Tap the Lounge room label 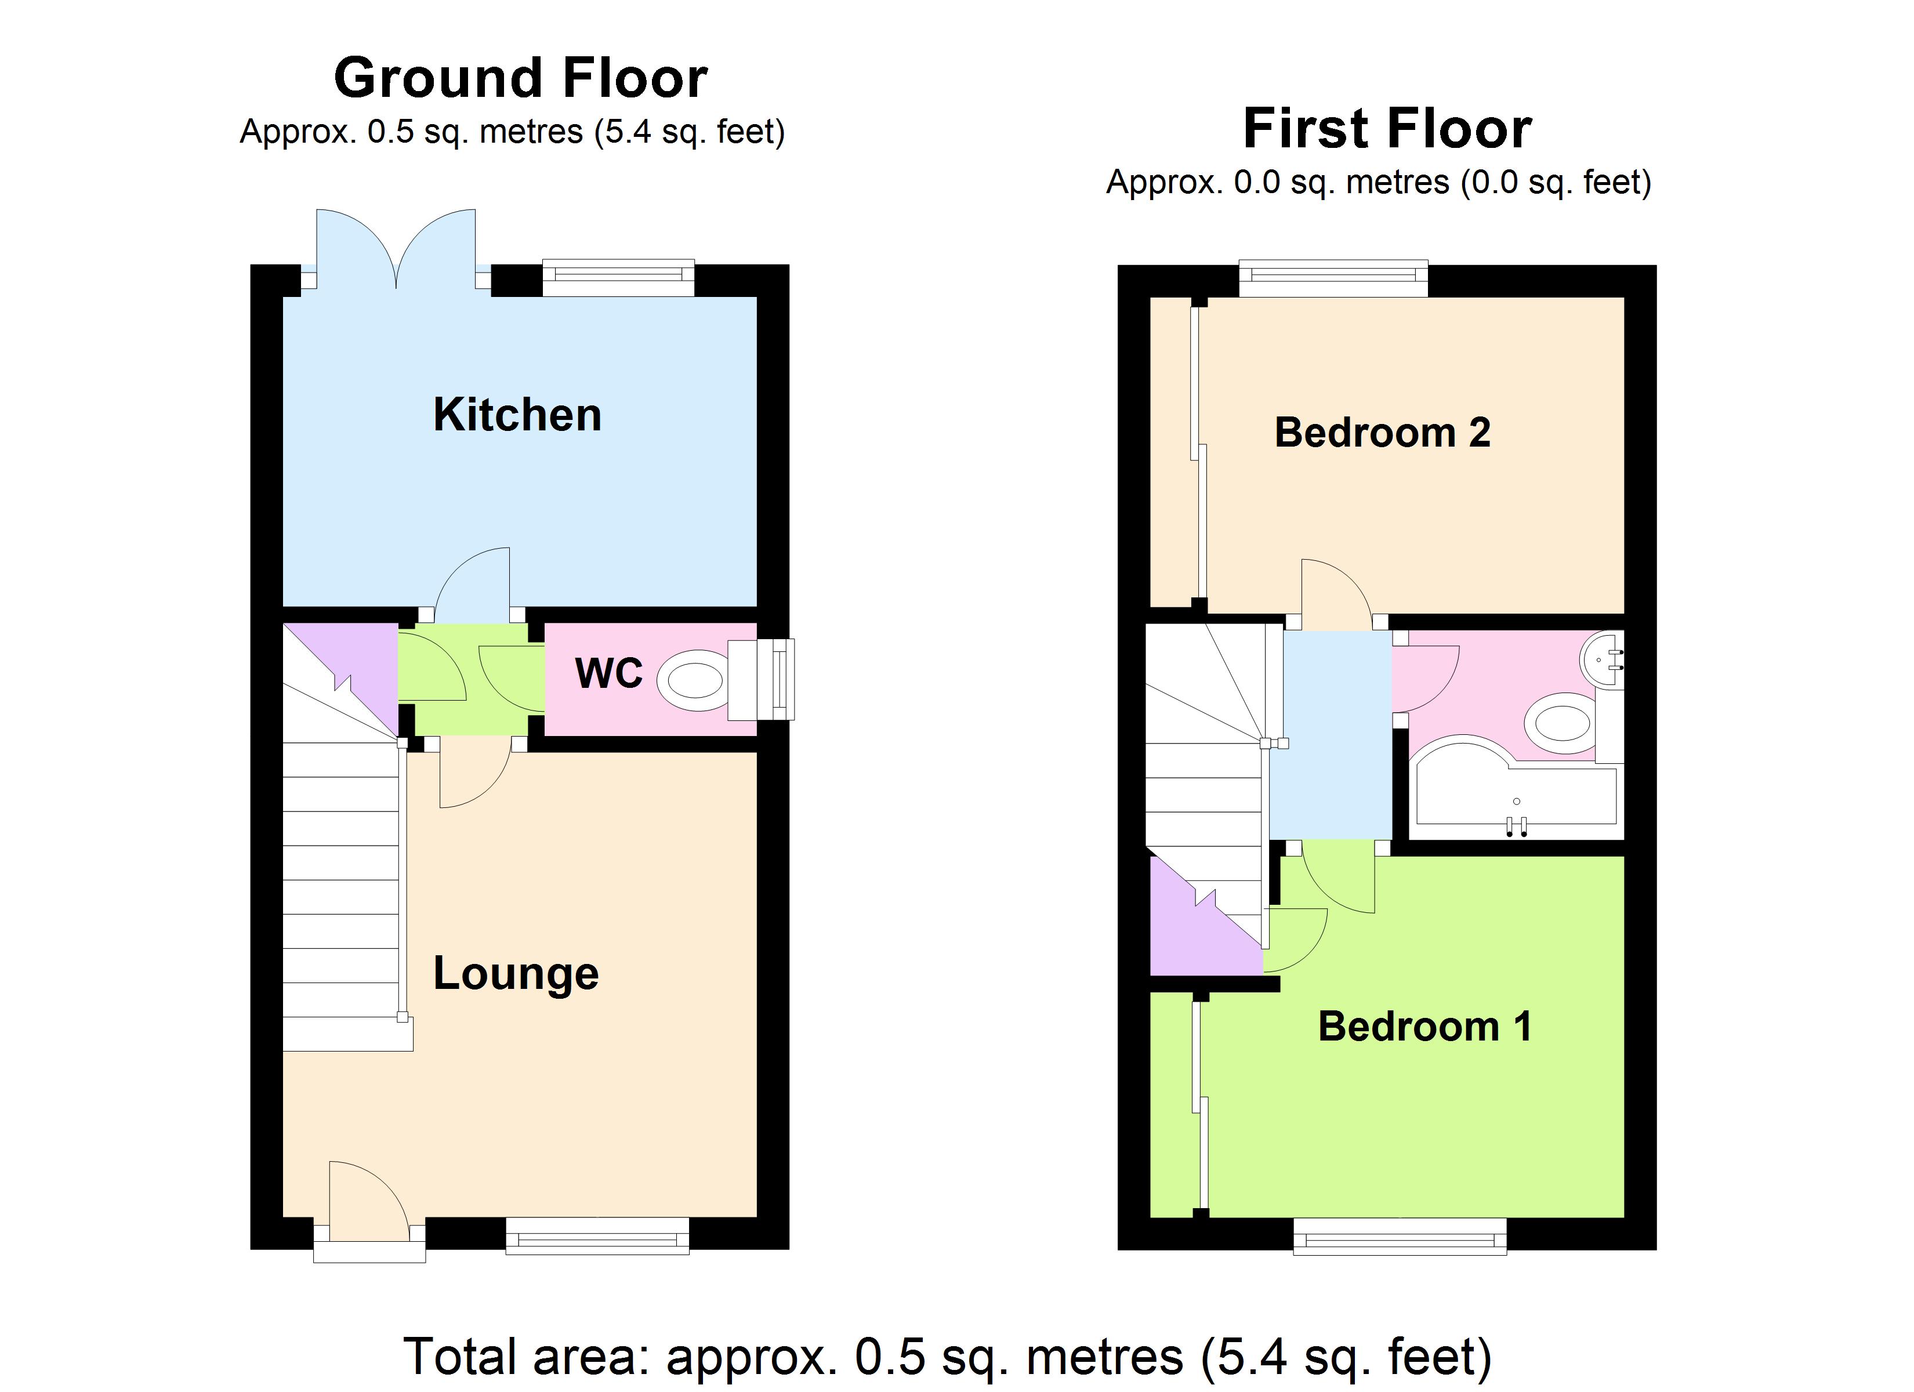click(516, 973)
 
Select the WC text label click(608, 673)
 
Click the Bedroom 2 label click(1382, 432)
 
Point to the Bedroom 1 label click(1424, 1027)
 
